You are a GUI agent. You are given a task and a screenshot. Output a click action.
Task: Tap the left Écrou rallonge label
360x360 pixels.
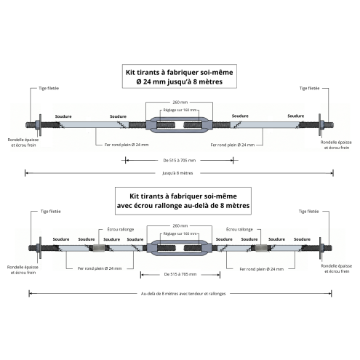click(121, 229)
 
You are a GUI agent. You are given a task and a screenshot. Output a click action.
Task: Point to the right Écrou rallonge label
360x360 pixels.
click(239, 229)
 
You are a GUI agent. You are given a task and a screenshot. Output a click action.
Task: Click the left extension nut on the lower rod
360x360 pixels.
click(99, 248)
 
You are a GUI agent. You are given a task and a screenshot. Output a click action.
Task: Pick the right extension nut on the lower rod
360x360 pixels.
click(261, 248)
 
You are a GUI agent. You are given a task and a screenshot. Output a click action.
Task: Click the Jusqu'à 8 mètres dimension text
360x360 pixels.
click(177, 173)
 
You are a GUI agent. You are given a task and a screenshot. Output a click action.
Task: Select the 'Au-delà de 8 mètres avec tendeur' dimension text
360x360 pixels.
click(183, 294)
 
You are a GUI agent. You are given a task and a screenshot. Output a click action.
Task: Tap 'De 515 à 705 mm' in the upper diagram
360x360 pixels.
click(180, 160)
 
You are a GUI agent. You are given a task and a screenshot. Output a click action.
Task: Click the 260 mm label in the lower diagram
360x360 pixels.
click(180, 225)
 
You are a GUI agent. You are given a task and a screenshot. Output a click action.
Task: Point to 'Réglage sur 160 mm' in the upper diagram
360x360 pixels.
click(180, 110)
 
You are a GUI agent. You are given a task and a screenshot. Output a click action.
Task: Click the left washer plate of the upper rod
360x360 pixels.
click(40, 125)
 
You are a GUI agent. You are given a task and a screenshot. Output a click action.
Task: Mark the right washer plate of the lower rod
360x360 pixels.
click(320, 248)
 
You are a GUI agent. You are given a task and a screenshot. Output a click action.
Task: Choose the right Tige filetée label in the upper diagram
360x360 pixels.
click(309, 88)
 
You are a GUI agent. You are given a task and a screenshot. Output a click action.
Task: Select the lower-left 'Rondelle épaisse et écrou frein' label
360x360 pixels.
click(23, 270)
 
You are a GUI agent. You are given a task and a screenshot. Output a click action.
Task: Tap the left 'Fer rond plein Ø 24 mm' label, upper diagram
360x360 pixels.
click(127, 145)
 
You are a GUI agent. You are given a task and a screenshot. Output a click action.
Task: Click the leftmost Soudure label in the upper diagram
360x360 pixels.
click(63, 116)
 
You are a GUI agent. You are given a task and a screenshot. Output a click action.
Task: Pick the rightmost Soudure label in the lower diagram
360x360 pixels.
click(302, 239)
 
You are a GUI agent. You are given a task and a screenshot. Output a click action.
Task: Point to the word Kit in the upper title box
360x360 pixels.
click(131, 72)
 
